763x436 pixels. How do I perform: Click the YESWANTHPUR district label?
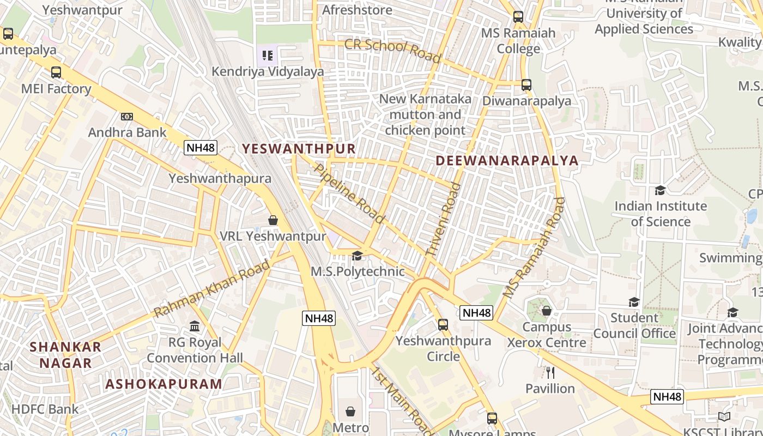(298, 148)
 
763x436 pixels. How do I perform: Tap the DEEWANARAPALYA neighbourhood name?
(507, 160)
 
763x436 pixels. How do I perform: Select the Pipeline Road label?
(349, 193)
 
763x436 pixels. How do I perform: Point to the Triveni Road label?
(443, 220)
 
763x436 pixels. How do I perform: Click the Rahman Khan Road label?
(212, 289)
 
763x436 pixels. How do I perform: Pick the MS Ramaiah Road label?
(534, 247)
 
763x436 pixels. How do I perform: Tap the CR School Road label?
(392, 50)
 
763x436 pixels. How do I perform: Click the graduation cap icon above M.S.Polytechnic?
(357, 256)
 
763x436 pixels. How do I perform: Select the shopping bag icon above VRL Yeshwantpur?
(273, 220)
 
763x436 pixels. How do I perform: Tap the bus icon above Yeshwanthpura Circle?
(443, 325)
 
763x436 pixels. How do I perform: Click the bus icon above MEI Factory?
(56, 72)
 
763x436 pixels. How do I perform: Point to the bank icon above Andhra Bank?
(127, 116)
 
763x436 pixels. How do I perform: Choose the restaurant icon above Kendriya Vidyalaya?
(267, 55)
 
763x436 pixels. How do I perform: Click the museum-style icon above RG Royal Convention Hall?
(195, 326)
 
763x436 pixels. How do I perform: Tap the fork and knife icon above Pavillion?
(550, 373)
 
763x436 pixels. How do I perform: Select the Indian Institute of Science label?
(661, 214)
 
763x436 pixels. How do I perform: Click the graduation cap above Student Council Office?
(634, 302)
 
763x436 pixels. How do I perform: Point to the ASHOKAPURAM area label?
(163, 384)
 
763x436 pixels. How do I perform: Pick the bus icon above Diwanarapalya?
(526, 85)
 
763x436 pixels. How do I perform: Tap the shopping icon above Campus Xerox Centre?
(547, 311)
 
